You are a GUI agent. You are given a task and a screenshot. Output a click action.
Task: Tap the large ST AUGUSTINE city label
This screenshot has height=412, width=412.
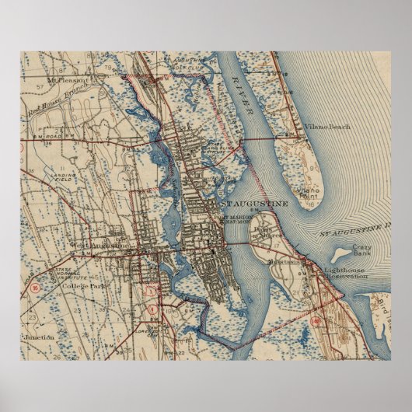[254, 204]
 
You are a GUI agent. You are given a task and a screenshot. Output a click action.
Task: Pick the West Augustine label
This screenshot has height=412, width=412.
[97, 246]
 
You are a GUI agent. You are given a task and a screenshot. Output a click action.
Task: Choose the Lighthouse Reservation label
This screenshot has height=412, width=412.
[344, 274]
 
